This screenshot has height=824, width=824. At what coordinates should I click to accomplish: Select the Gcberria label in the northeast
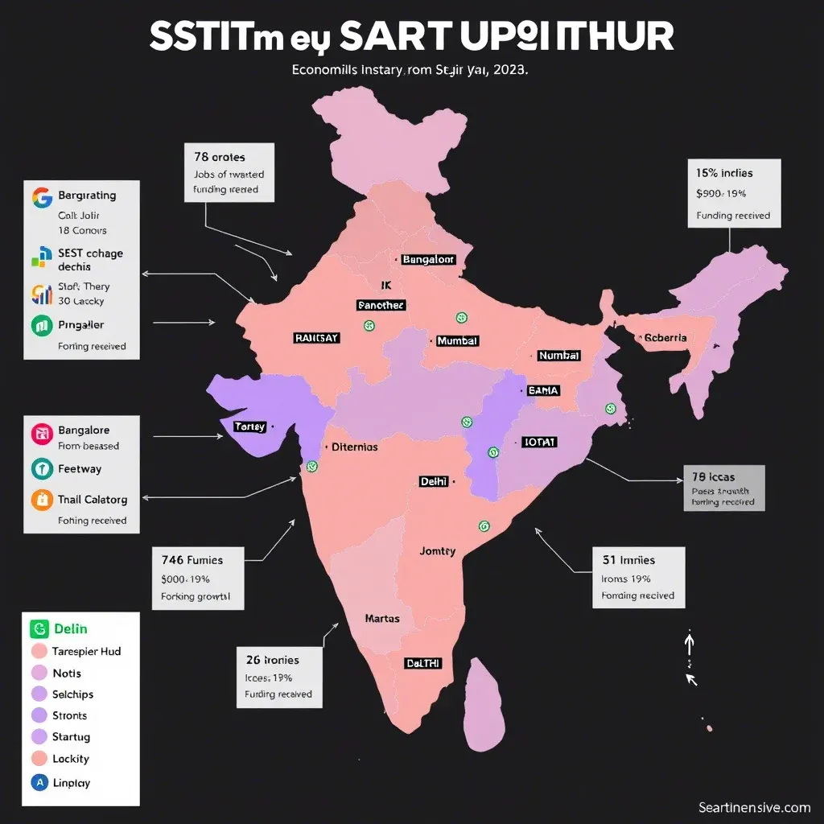pyautogui.click(x=665, y=338)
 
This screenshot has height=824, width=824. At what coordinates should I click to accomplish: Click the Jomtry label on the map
pyautogui.click(x=438, y=551)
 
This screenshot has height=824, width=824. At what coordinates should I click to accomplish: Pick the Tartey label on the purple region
pyautogui.click(x=249, y=426)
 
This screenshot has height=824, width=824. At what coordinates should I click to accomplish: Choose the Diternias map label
pyautogui.click(x=355, y=447)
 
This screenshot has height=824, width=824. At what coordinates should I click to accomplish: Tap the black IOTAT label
pyautogui.click(x=540, y=443)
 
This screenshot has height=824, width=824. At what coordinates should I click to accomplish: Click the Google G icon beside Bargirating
pyautogui.click(x=40, y=196)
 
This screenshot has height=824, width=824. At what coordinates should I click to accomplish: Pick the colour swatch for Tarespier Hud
pyautogui.click(x=39, y=652)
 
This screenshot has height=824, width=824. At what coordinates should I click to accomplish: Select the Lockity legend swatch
pyautogui.click(x=39, y=759)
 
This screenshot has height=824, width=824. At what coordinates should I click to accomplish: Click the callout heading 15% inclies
pyautogui.click(x=725, y=173)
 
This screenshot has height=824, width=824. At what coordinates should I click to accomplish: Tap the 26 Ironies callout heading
pyautogui.click(x=272, y=658)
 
